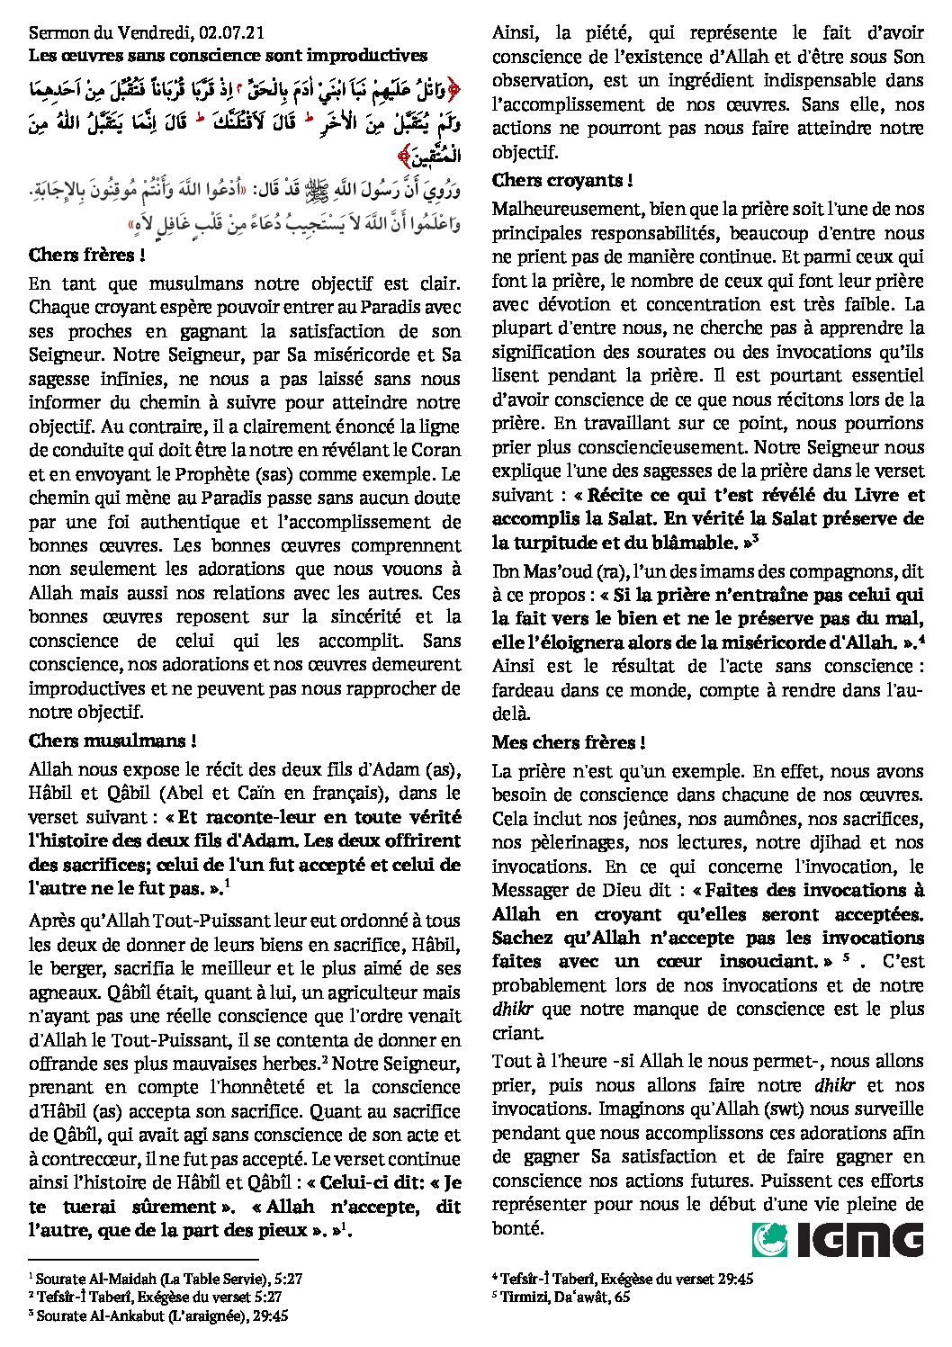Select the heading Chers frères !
pyautogui.click(x=87, y=256)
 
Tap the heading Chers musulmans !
pyautogui.click(x=112, y=741)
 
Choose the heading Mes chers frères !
pyautogui.click(x=568, y=742)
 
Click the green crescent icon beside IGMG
pyautogui.click(x=770, y=1239)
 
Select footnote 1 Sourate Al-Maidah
pyautogui.click(x=166, y=1279)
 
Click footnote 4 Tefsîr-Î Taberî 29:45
pyautogui.click(x=624, y=1279)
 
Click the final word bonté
pyautogui.click(x=516, y=1228)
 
